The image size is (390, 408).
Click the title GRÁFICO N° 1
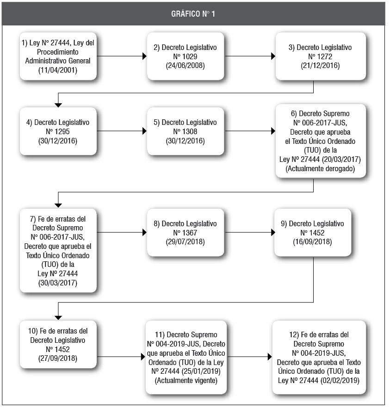pyautogui.click(x=193, y=14)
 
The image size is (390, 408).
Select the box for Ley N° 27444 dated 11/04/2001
pyautogui.click(x=58, y=56)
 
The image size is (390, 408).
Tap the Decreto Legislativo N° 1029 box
pyautogui.click(x=186, y=56)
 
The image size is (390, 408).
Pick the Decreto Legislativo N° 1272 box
pyautogui.click(x=321, y=56)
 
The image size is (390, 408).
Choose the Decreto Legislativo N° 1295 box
pyautogui.click(x=58, y=131)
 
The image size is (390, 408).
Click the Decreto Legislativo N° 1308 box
pyautogui.click(x=186, y=131)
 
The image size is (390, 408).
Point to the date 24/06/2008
pyautogui.click(x=185, y=65)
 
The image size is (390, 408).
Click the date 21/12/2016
pyautogui.click(x=320, y=65)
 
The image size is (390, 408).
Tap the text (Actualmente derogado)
pyautogui.click(x=320, y=168)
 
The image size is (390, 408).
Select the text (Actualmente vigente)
pyautogui.click(x=186, y=380)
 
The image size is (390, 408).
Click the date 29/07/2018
pyautogui.click(x=185, y=242)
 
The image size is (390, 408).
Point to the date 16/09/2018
pyautogui.click(x=312, y=242)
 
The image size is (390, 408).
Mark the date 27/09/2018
pyautogui.click(x=58, y=359)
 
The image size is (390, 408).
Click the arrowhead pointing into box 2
pyautogui.click(x=145, y=56)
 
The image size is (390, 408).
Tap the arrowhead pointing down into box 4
pyautogui.click(x=58, y=105)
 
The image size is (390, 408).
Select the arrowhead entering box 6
pyautogui.click(x=273, y=131)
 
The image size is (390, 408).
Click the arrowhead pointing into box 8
pyautogui.click(x=145, y=232)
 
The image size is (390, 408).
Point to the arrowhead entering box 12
pyautogui.click(x=270, y=357)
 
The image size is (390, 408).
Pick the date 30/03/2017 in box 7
pyautogui.click(x=58, y=283)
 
